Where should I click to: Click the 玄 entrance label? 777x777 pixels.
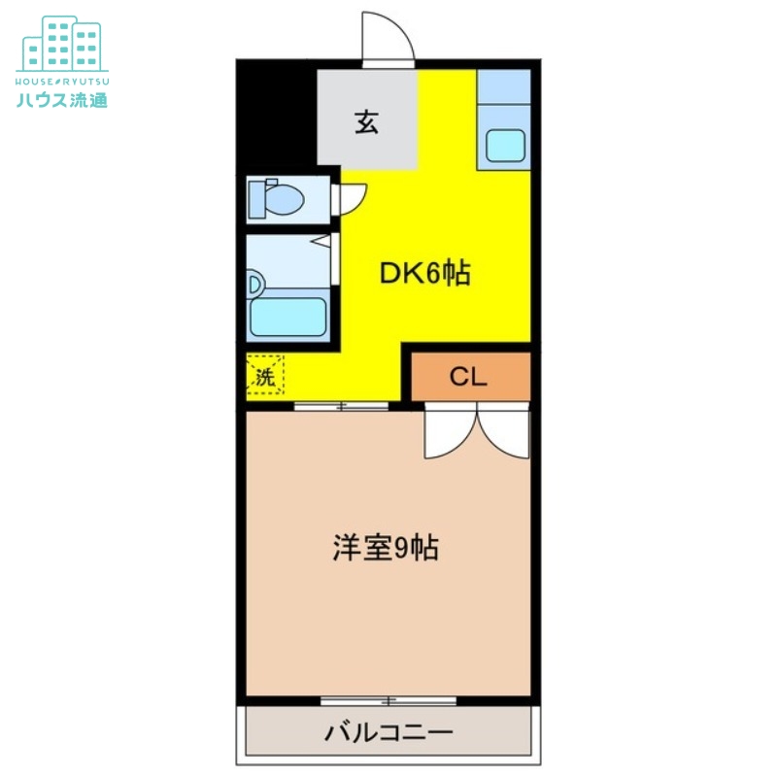point(366,123)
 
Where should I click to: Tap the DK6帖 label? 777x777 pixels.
point(424,275)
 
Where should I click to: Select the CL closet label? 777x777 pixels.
point(467,377)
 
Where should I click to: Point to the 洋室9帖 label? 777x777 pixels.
point(386,549)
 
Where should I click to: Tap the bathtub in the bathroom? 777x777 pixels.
point(287,317)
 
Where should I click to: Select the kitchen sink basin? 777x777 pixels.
point(505,146)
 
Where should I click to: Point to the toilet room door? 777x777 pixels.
point(350,198)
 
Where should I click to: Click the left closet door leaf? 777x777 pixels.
point(449,433)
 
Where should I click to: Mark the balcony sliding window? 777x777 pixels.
point(388,700)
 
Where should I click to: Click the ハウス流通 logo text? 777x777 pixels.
point(61,97)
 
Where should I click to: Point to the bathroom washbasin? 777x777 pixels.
point(255,284)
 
